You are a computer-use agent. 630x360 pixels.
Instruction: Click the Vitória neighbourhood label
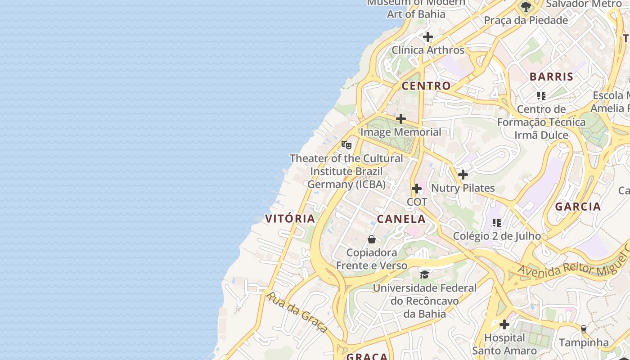(290, 219)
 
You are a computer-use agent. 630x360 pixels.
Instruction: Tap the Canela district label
(401, 219)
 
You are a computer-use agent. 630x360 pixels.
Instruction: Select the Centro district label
(426, 86)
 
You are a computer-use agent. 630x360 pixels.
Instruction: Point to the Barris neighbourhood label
(551, 76)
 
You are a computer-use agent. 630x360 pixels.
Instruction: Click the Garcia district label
(578, 207)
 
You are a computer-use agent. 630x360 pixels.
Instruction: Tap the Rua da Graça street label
(297, 312)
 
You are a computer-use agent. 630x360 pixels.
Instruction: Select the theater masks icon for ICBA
(346, 145)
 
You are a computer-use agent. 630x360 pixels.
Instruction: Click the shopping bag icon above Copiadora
(372, 239)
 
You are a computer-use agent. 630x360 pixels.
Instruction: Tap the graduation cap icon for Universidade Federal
(424, 274)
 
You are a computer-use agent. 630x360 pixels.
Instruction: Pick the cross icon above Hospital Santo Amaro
(504, 324)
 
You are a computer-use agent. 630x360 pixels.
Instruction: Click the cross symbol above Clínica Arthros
(428, 37)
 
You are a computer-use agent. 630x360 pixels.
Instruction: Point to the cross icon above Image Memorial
(401, 119)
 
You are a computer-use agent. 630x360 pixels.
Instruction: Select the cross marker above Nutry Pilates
(463, 175)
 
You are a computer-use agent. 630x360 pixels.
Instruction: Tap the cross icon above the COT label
(417, 189)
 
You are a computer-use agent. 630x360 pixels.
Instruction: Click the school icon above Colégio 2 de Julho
(497, 222)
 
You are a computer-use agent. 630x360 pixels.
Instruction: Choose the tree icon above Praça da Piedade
(526, 7)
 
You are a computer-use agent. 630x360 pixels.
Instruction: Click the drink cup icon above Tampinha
(584, 329)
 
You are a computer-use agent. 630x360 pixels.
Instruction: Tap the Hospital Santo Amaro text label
(504, 344)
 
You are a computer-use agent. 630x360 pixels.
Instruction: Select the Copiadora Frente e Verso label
(372, 259)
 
